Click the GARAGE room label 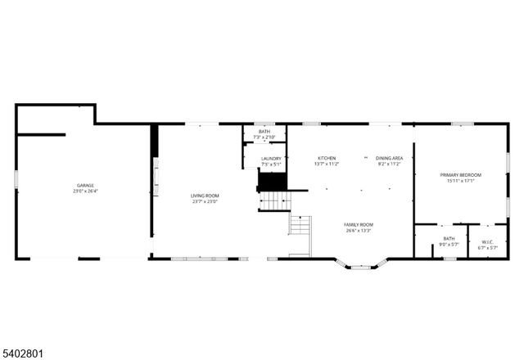click(x=80, y=186)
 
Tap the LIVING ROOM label click(x=205, y=196)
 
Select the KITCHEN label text click(x=327, y=158)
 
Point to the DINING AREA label click(x=389, y=158)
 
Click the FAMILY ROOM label click(x=359, y=224)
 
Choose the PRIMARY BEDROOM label click(x=460, y=175)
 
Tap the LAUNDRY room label click(x=271, y=159)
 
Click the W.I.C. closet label click(x=486, y=241)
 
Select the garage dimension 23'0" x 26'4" click(x=80, y=193)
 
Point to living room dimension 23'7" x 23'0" click(x=205, y=202)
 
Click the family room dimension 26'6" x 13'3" click(x=359, y=231)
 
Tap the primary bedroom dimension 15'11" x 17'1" click(x=460, y=182)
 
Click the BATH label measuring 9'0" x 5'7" click(x=449, y=241)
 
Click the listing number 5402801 click(x=25, y=353)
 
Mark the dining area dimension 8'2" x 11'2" click(x=389, y=164)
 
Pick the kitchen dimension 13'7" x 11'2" click(x=327, y=164)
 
